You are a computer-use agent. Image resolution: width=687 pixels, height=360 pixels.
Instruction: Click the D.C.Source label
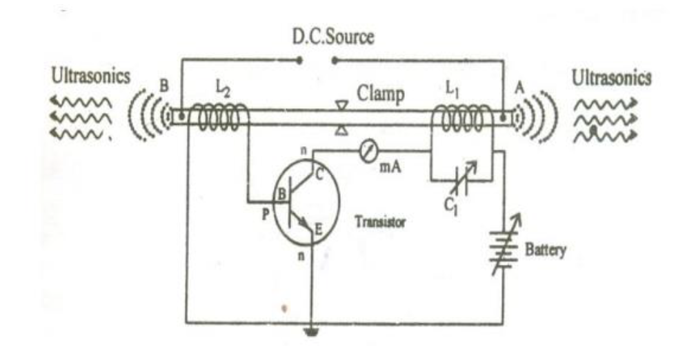click(334, 37)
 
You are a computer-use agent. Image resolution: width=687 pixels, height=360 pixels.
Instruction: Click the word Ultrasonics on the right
click(611, 78)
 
